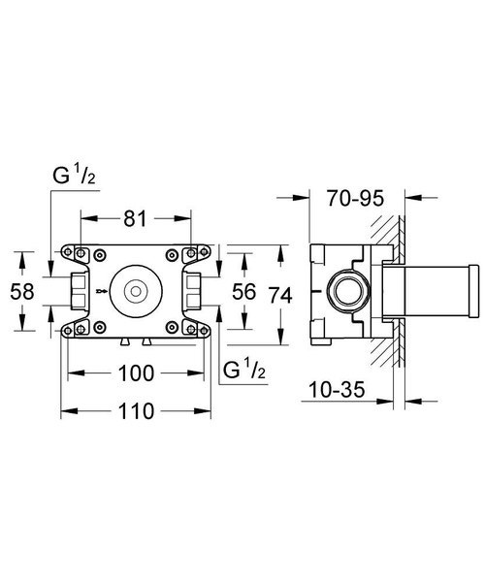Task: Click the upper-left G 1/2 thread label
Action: (74, 177)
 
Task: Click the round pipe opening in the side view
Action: (346, 289)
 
